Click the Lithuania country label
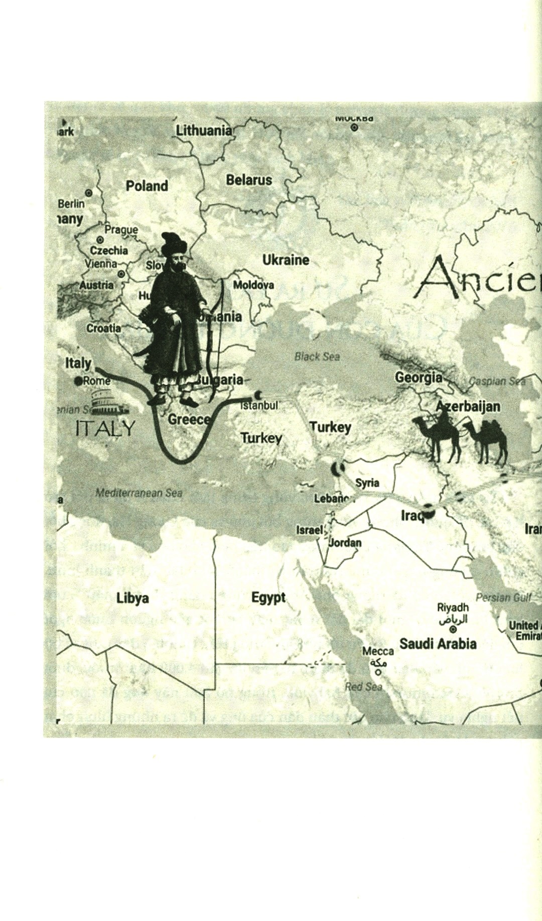pos(204,131)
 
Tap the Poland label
pos(147,186)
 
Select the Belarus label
pos(249,180)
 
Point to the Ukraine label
pos(286,260)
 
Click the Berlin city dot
pos(89,193)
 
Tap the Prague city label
pos(121,230)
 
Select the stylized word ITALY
pos(105,428)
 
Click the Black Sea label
pos(317,357)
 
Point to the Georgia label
pos(419,377)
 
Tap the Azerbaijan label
pos(468,406)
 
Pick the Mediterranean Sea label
pos(139,493)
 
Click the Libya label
pos(132,598)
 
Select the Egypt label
pos(268,598)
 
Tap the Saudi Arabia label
pos(438,644)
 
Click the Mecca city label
pos(378,651)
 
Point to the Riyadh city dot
pos(453,630)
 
